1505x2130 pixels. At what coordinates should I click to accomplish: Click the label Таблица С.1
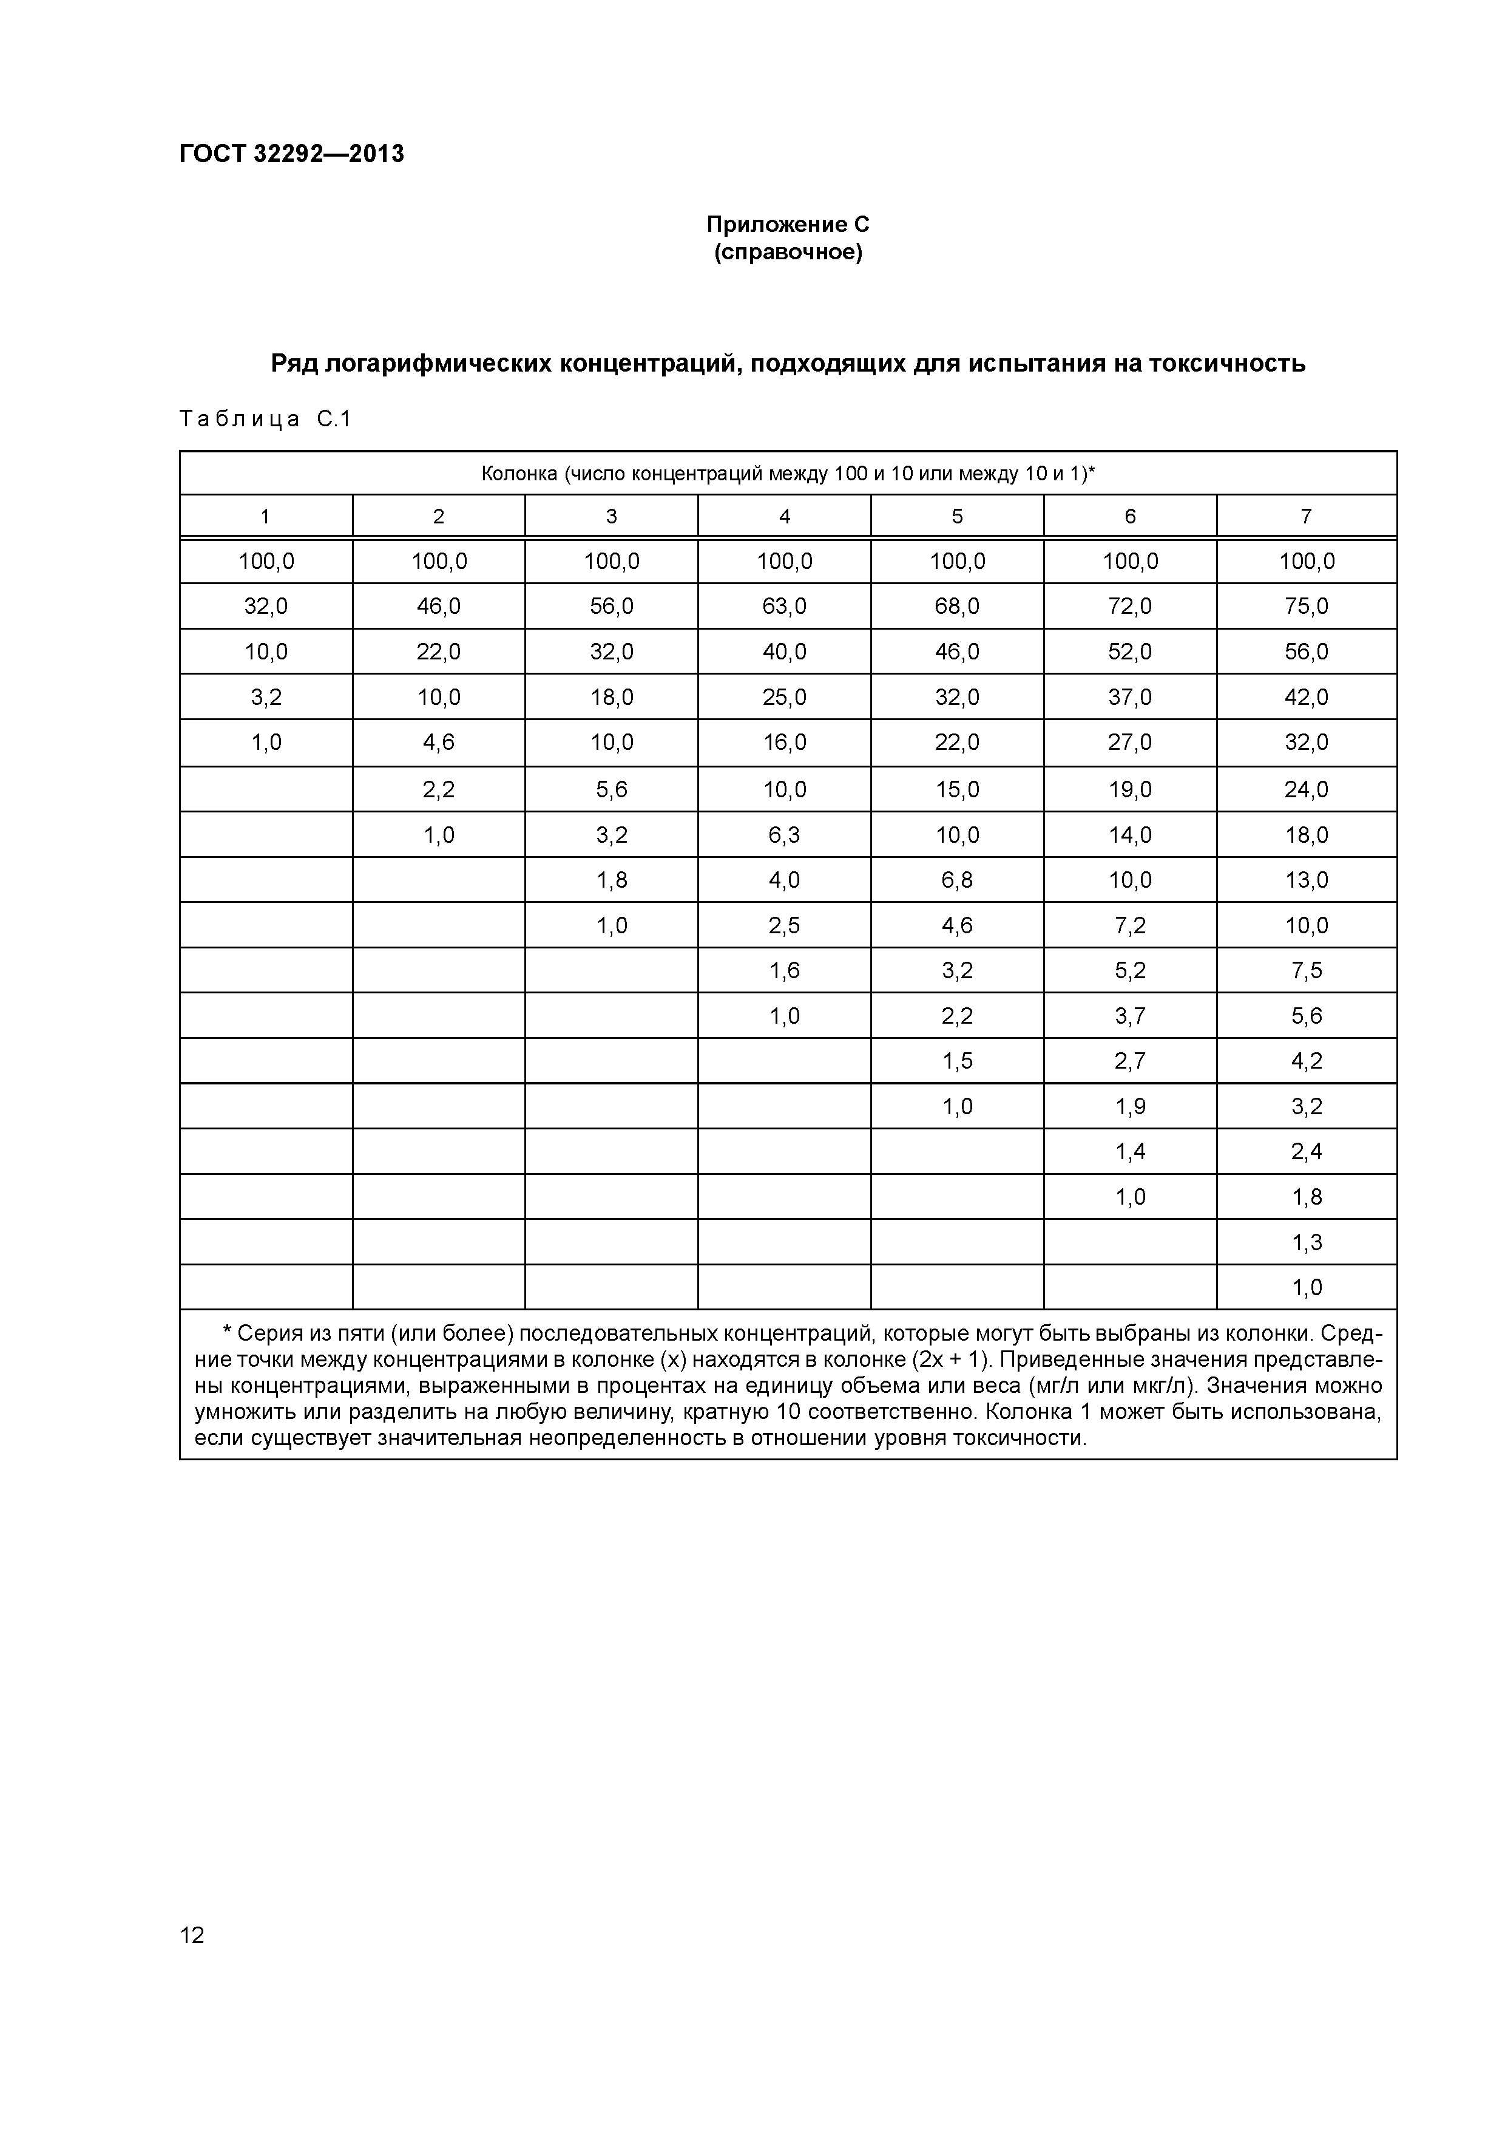[265, 420]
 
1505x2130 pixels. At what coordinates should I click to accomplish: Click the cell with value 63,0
[785, 607]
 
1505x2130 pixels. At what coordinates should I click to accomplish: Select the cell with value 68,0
[957, 607]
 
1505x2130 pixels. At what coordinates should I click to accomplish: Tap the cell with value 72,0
[1129, 607]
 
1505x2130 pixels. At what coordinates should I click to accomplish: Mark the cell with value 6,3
[785, 835]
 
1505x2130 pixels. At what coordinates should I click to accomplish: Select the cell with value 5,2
[1129, 970]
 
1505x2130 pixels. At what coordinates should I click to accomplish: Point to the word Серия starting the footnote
[269, 1334]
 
